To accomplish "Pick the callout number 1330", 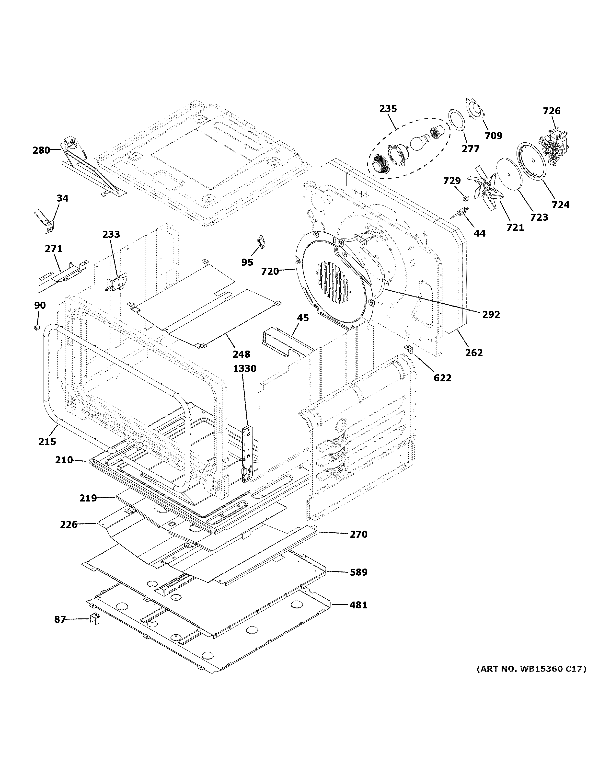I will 244,369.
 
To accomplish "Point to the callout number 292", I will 491,314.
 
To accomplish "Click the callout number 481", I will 358,605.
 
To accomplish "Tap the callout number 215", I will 47,441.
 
